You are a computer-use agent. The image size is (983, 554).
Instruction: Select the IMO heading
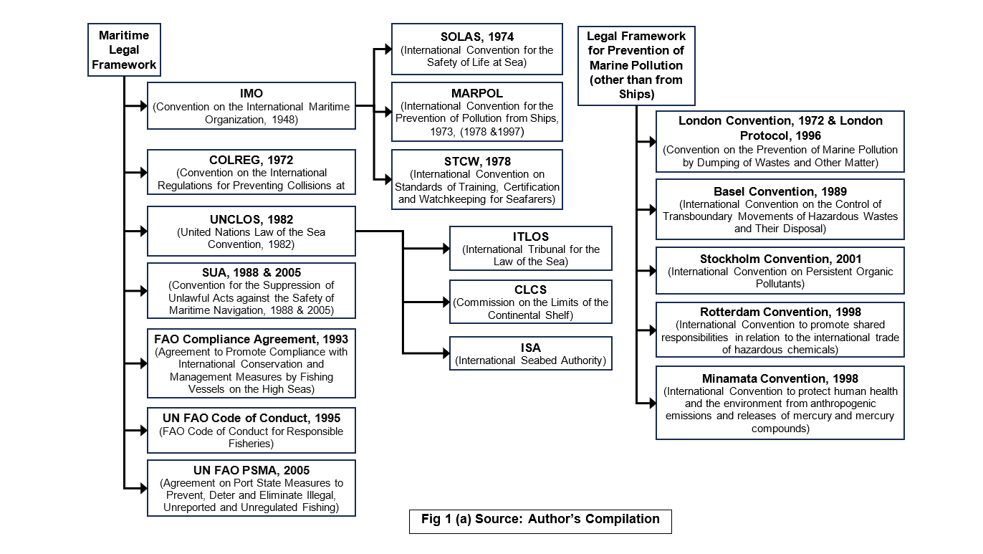tap(251, 94)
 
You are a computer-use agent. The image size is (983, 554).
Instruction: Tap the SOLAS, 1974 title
tap(477, 37)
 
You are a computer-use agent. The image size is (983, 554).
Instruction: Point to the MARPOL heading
tap(477, 94)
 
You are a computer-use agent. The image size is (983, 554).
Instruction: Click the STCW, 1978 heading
tap(477, 161)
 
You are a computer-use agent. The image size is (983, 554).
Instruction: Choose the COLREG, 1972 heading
tap(251, 160)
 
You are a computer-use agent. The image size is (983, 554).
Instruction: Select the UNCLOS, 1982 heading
tap(251, 219)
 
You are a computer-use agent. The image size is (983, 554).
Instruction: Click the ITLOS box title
tap(531, 237)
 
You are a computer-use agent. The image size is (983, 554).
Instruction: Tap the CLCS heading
tap(531, 290)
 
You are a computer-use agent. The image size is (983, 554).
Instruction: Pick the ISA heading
tap(531, 348)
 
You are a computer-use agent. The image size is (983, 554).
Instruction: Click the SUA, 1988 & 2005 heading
tap(251, 272)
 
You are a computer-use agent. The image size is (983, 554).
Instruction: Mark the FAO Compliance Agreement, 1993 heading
tap(251, 339)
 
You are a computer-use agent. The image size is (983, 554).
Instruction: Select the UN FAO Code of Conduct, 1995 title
tap(251, 418)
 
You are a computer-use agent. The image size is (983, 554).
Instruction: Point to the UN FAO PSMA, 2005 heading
tap(251, 470)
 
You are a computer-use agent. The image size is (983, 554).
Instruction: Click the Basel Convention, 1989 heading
tap(780, 192)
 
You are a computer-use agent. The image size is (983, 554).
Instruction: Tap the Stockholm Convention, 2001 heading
tap(780, 259)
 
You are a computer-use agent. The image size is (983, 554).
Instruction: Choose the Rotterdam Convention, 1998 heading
tap(780, 312)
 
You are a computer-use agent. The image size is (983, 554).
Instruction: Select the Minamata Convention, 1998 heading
tap(780, 378)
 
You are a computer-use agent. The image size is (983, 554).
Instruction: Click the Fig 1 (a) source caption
tap(541, 520)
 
